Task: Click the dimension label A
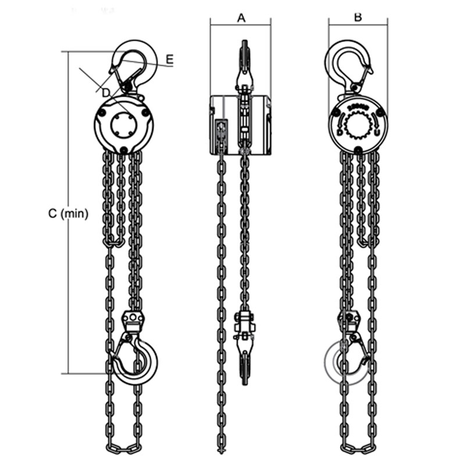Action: [241, 17]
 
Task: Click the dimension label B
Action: [358, 17]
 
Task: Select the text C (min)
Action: [68, 214]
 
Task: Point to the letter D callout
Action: [105, 92]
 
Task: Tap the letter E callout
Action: [169, 59]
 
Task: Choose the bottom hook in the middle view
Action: [245, 355]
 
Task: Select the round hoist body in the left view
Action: [124, 124]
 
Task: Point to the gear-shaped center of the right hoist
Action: [358, 124]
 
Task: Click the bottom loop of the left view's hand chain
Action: [124, 448]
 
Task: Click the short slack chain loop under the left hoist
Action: [115, 241]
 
